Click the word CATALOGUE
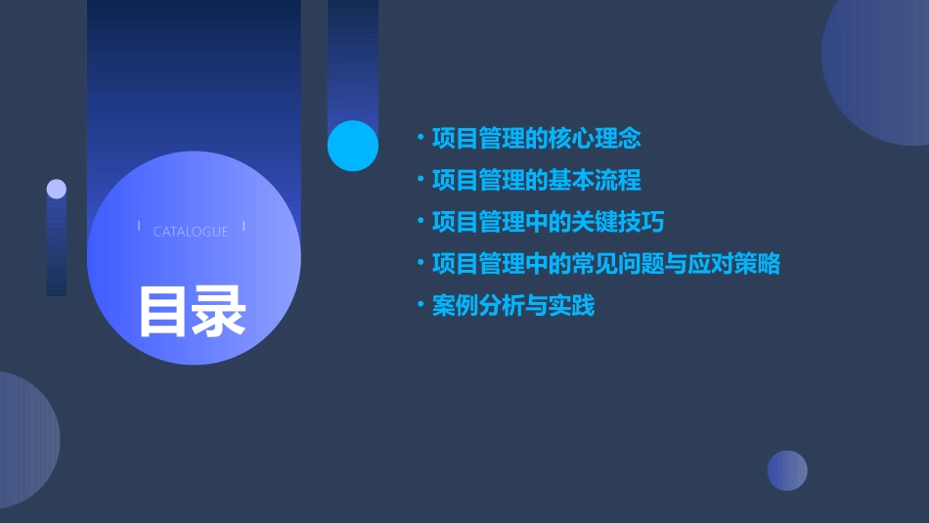coord(191,232)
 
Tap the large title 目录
coord(192,311)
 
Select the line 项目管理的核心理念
coord(536,138)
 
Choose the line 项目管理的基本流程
coord(536,180)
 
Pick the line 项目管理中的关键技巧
coord(548,222)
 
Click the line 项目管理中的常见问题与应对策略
coord(605,264)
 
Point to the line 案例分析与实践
coord(512,306)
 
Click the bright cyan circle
coord(353,146)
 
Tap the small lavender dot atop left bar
coord(57,189)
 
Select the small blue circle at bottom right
coord(787,470)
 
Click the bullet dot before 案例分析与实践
coord(420,305)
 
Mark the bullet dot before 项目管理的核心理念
coord(420,137)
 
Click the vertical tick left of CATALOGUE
coord(139,227)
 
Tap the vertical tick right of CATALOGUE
coord(243,227)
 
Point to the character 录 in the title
coord(219,311)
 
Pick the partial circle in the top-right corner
coord(880,68)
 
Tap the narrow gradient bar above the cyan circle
coord(353,59)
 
